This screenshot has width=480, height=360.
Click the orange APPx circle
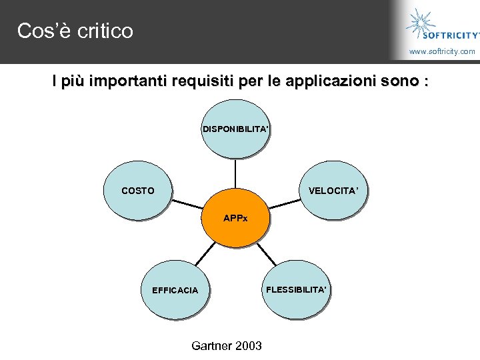235,219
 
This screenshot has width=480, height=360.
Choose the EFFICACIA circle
175,290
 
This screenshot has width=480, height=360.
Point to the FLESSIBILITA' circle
296,289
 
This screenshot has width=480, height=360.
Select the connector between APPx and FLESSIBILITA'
266,252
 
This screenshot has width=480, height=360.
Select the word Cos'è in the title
43,31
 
